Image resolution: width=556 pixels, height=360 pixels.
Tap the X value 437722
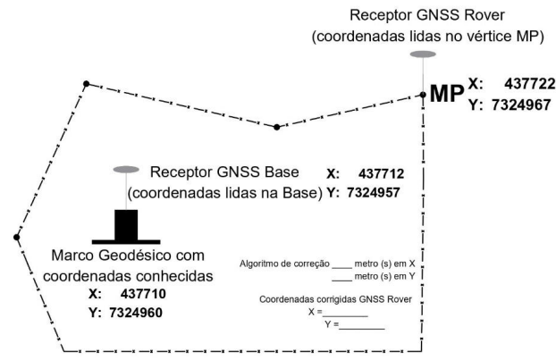529,83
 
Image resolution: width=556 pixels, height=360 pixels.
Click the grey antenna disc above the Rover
423,55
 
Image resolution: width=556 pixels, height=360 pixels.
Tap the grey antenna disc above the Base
126,169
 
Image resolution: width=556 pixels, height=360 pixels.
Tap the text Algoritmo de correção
283,264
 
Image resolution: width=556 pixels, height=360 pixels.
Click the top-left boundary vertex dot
86,84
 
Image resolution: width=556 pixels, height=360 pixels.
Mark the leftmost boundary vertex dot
17,237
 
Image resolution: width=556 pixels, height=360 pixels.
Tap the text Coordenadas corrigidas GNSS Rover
334,299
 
